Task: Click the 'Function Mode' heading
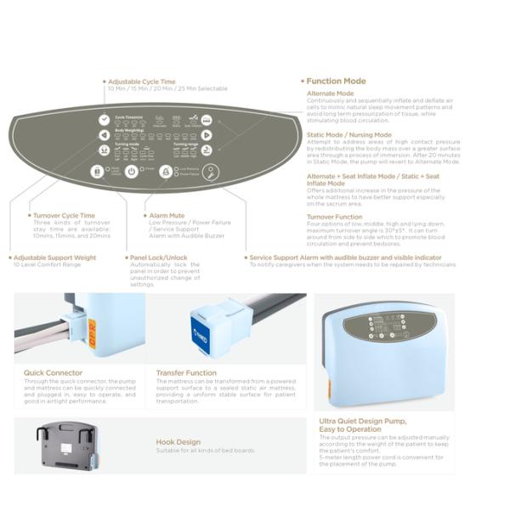[337, 82]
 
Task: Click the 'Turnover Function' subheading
[335, 217]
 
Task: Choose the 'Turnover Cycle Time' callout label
[64, 216]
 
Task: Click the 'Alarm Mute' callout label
[161, 216]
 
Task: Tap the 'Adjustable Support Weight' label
[53, 258]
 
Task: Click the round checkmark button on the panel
[104, 120]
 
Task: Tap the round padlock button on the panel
[98, 171]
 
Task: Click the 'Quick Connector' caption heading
[54, 372]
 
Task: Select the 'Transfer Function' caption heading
[186, 372]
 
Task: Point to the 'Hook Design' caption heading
[178, 442]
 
